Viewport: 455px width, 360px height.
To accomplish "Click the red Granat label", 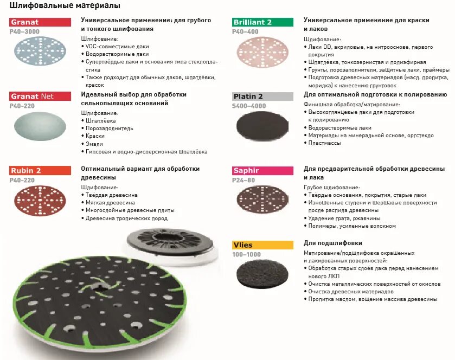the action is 40,22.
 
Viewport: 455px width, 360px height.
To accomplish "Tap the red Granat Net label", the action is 40,97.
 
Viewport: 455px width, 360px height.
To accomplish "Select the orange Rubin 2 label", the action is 40,170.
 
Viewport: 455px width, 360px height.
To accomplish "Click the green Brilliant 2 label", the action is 262,22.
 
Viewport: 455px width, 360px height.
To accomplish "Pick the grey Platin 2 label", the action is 262,97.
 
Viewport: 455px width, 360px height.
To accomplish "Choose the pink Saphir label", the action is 262,170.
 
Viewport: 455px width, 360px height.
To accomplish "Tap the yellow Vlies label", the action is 262,245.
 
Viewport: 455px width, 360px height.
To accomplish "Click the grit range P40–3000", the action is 25,32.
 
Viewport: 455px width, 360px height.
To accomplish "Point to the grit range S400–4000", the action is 250,106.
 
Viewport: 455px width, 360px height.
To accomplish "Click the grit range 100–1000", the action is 246,254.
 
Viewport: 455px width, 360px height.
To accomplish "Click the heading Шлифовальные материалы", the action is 65,6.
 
